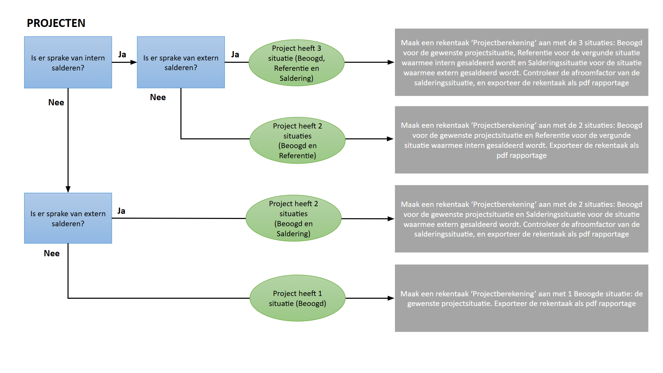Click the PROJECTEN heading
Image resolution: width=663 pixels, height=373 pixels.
click(x=56, y=23)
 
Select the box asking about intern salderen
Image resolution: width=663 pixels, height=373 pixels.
click(x=68, y=63)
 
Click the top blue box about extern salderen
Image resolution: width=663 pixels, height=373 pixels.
click(x=181, y=63)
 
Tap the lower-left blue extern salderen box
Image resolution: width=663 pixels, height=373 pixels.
click(x=68, y=218)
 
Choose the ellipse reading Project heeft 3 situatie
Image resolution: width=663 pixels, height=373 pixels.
click(x=296, y=63)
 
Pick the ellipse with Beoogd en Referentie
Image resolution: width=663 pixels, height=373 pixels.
click(x=297, y=140)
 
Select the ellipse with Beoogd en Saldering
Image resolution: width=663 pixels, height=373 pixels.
click(x=294, y=218)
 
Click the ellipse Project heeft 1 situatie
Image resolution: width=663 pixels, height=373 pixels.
click(x=297, y=298)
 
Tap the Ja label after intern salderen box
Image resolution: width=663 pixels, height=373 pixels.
click(x=122, y=55)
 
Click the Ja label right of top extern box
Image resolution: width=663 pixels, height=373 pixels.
click(x=235, y=55)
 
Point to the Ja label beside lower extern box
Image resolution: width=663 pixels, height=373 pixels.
click(x=121, y=211)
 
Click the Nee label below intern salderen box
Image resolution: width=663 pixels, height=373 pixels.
click(x=56, y=103)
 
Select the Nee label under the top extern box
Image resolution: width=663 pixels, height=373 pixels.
click(x=158, y=97)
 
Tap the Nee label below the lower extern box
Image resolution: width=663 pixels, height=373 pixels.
click(x=52, y=254)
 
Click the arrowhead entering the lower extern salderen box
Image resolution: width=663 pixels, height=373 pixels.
click(x=68, y=189)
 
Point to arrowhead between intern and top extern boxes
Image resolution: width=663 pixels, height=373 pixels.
click(x=134, y=63)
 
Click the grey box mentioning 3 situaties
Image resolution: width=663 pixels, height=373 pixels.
click(x=521, y=63)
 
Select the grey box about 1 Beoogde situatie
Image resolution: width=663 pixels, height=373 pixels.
click(x=521, y=298)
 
